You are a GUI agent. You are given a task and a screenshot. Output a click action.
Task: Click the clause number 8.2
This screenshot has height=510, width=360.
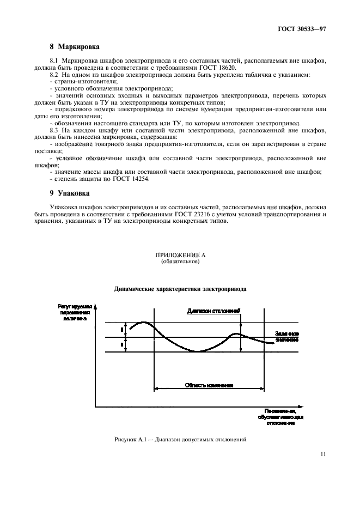pyautogui.click(x=56, y=74)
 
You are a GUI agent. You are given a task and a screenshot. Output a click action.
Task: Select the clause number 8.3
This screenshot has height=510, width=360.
pyautogui.click(x=56, y=131)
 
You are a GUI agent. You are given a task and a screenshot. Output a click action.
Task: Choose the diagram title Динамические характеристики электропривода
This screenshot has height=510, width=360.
pyautogui.click(x=180, y=290)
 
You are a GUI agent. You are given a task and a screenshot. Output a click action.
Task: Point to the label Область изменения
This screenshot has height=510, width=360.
pyautogui.click(x=209, y=385)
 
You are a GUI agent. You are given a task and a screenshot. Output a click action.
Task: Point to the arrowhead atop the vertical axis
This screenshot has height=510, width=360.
pyautogui.click(x=96, y=306)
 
